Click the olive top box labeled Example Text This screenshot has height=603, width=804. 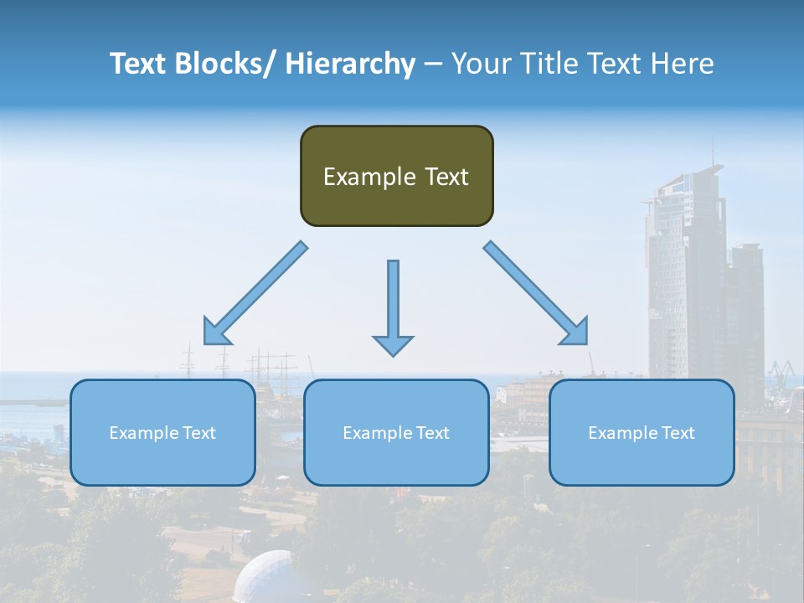pyautogui.click(x=396, y=176)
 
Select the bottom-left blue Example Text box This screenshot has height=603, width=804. pyautogui.click(x=162, y=432)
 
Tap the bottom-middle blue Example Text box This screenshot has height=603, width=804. pyautogui.click(x=396, y=432)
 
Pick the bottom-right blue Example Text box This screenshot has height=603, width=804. pyautogui.click(x=642, y=432)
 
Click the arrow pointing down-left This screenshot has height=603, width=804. pyautogui.click(x=255, y=293)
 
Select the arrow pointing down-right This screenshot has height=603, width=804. pyautogui.click(x=536, y=293)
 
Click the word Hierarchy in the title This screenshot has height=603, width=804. pyautogui.click(x=350, y=64)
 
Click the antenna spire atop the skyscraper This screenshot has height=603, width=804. pyautogui.click(x=714, y=151)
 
